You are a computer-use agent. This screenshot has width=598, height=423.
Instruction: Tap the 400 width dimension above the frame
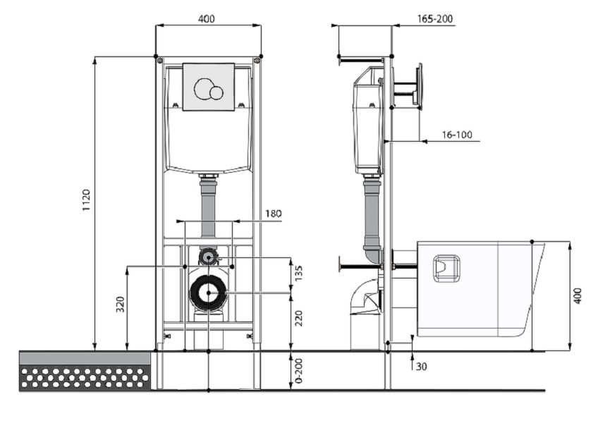pyautogui.click(x=206, y=18)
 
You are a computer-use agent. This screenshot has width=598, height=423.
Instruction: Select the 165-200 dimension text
pyautogui.click(x=434, y=19)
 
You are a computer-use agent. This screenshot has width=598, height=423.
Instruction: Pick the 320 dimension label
pyautogui.click(x=120, y=305)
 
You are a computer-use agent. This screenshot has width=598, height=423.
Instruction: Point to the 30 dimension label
pyautogui.click(x=421, y=367)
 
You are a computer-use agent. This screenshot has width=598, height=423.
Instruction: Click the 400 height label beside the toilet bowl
pyautogui.click(x=578, y=295)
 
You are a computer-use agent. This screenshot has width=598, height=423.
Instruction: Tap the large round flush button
pyautogui.click(x=203, y=88)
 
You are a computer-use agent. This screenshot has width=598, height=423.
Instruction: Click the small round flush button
pyautogui.click(x=216, y=92)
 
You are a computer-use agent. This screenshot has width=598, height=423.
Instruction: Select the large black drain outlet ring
pyautogui.click(x=209, y=292)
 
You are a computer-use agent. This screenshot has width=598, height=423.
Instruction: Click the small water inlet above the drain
pyautogui.click(x=207, y=257)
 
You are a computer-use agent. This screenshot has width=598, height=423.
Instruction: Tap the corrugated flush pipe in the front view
pyautogui.click(x=208, y=207)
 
